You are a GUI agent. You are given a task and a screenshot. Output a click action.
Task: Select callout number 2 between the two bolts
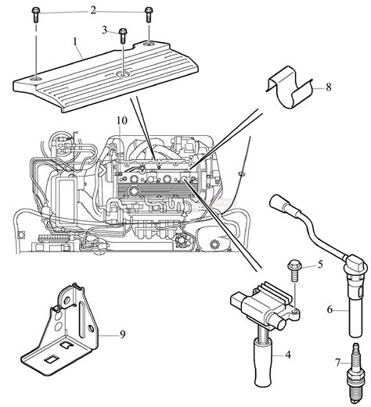tap(92, 10)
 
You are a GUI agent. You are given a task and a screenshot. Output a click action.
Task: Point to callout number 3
tap(104, 30)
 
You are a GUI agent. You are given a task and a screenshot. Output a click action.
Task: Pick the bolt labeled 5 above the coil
tap(295, 268)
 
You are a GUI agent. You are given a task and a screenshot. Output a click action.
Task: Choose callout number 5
tap(319, 265)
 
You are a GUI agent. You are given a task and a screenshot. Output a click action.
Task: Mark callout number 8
tap(328, 87)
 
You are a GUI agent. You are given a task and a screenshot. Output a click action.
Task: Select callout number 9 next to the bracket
tap(122, 335)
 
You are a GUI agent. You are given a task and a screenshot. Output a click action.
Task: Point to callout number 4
tap(288, 355)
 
